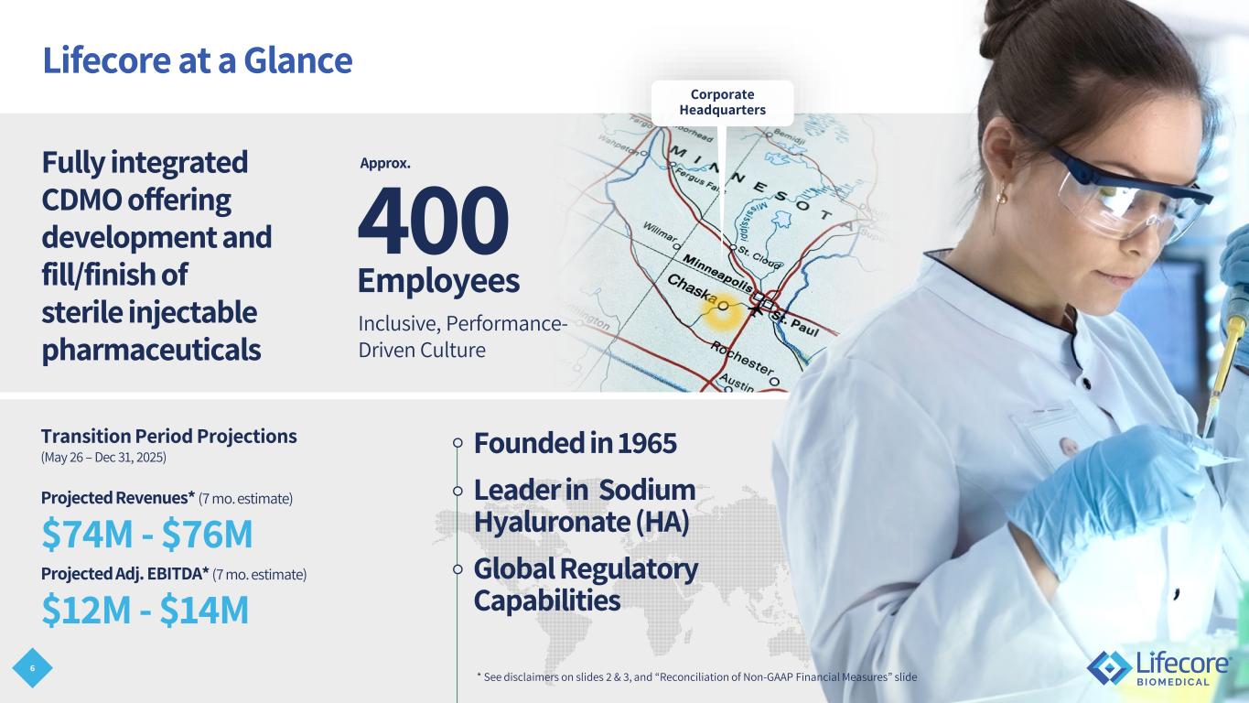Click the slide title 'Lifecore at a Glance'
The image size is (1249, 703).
pyautogui.click(x=198, y=60)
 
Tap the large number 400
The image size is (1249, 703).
pyautogui.click(x=433, y=220)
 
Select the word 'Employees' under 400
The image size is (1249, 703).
pyautogui.click(x=439, y=281)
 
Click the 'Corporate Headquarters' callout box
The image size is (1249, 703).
pyautogui.click(x=722, y=103)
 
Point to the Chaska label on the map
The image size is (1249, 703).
pyautogui.click(x=692, y=288)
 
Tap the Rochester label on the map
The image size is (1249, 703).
pyautogui.click(x=742, y=358)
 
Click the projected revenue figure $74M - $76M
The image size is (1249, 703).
pyautogui.click(x=147, y=534)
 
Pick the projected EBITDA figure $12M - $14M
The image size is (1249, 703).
pyautogui.click(x=145, y=610)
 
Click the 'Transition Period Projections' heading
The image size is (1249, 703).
pyautogui.click(x=169, y=436)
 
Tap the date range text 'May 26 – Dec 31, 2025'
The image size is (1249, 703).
pyautogui.click(x=103, y=458)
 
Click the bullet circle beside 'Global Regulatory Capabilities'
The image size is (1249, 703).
pyautogui.click(x=458, y=569)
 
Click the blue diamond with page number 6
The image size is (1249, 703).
pyautogui.click(x=32, y=668)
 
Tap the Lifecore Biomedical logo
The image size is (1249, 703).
pyautogui.click(x=1158, y=667)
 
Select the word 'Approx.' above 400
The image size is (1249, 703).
pyautogui.click(x=384, y=164)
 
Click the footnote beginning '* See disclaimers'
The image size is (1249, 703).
pyautogui.click(x=697, y=676)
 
